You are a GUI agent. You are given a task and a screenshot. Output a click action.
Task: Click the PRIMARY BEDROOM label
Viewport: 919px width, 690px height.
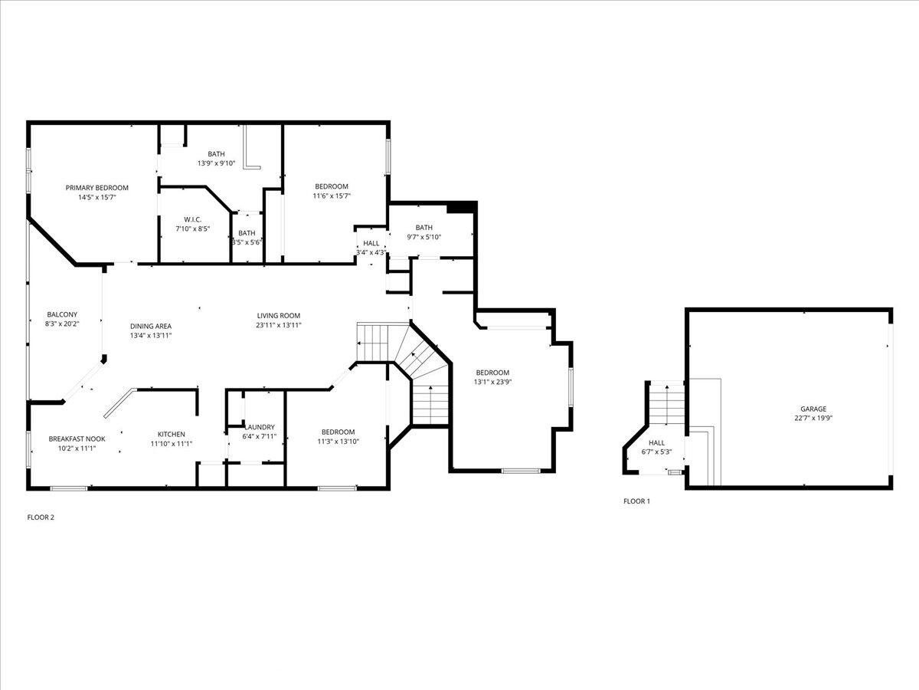pos(96,188)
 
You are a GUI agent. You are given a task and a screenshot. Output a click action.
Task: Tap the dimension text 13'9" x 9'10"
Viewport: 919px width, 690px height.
pos(217,163)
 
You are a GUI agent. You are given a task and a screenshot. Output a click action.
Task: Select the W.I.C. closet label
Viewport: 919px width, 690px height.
pos(192,219)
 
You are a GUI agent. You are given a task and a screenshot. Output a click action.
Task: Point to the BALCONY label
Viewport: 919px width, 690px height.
pos(62,314)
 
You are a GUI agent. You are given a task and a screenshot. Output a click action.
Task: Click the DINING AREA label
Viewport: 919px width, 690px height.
pos(151,326)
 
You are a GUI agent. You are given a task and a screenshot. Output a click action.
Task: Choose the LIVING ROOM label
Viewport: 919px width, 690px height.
pos(279,315)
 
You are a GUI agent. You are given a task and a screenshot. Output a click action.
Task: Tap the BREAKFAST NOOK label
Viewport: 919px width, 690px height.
pos(77,439)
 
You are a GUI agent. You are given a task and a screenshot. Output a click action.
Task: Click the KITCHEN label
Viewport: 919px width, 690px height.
pos(172,434)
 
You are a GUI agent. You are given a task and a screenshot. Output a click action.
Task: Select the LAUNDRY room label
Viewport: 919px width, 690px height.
pos(260,427)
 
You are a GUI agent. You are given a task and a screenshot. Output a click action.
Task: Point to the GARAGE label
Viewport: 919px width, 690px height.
pos(813,409)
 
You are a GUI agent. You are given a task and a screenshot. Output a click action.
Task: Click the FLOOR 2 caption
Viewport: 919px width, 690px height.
pos(41,517)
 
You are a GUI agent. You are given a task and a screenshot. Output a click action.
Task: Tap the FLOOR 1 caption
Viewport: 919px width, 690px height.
pos(637,501)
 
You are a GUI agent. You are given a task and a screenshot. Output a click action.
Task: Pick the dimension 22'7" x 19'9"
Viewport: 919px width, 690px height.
pos(813,418)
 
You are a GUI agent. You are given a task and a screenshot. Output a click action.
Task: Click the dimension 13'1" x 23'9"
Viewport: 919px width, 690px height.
pos(492,382)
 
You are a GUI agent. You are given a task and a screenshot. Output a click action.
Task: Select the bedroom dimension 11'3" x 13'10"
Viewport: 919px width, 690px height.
pos(338,441)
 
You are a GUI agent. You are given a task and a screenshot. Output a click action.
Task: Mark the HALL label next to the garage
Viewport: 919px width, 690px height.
pos(656,442)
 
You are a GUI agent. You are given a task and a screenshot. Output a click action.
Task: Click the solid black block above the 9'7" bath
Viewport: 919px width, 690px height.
pos(461,208)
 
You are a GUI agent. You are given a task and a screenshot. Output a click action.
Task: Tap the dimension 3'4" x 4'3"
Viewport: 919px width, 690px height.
pos(371,252)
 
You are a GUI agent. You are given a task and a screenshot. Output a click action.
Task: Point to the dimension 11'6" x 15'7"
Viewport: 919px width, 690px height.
pos(332,195)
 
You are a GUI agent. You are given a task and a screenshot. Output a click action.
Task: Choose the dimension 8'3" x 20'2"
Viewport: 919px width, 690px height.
pos(62,324)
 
